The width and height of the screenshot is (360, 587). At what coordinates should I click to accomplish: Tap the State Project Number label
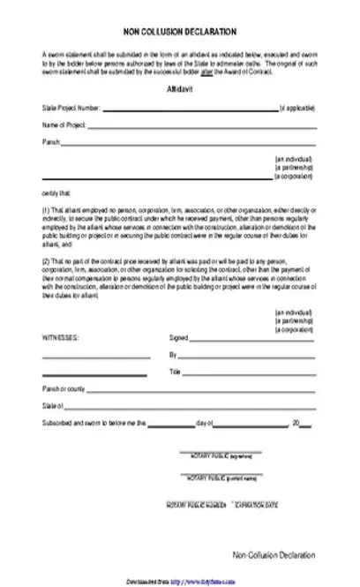[71, 109]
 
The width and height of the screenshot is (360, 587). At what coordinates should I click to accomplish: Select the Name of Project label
[59, 125]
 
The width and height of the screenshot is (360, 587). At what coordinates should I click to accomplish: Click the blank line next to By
[247, 356]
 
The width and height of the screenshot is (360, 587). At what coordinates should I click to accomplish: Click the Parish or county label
[64, 389]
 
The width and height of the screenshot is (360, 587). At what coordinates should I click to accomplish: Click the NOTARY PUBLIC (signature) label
[221, 456]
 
